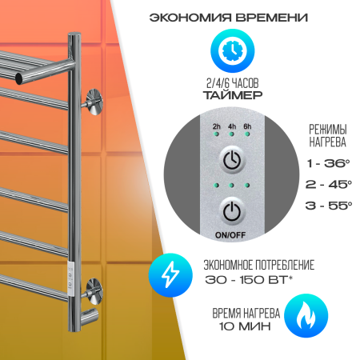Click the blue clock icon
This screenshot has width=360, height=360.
232,50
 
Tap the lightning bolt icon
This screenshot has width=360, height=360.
170,275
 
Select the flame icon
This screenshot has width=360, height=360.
306,316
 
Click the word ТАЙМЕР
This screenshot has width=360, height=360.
233,95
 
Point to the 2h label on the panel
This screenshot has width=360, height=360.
217,126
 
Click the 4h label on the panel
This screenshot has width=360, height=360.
232,126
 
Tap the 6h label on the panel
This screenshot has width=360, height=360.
247,126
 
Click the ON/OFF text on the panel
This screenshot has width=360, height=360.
230,235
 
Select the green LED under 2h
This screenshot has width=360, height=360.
217,134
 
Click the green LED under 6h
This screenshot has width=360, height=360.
247,134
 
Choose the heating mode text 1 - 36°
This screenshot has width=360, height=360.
328,163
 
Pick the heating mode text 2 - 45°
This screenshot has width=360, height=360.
329,184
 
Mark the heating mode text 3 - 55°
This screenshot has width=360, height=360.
329,206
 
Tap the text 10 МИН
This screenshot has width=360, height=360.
245,326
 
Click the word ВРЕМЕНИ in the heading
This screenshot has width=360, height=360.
272,18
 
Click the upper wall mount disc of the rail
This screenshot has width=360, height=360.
94,102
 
